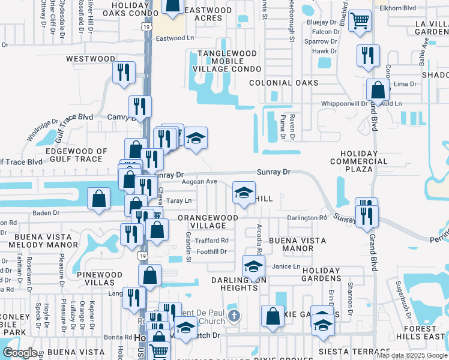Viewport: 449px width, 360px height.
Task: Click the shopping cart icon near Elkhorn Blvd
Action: [x=359, y=21]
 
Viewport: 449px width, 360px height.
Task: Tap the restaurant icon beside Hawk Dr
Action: [x=367, y=55]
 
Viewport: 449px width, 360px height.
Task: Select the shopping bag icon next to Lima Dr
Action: [x=378, y=91]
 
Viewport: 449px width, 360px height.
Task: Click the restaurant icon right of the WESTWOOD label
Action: [x=124, y=72]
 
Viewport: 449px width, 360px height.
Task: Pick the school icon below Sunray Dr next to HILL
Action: [x=243, y=193]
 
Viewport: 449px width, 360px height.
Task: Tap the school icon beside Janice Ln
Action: [x=253, y=265]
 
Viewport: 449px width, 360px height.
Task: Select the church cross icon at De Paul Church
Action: [x=234, y=315]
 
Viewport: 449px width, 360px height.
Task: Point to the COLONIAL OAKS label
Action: [x=283, y=83]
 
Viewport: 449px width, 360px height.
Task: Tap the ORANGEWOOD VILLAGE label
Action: [x=201, y=221]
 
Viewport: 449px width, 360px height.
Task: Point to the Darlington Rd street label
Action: [x=306, y=218]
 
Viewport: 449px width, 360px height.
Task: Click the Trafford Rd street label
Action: [x=212, y=241]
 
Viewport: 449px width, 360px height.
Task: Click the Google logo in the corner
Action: [x=20, y=353]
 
